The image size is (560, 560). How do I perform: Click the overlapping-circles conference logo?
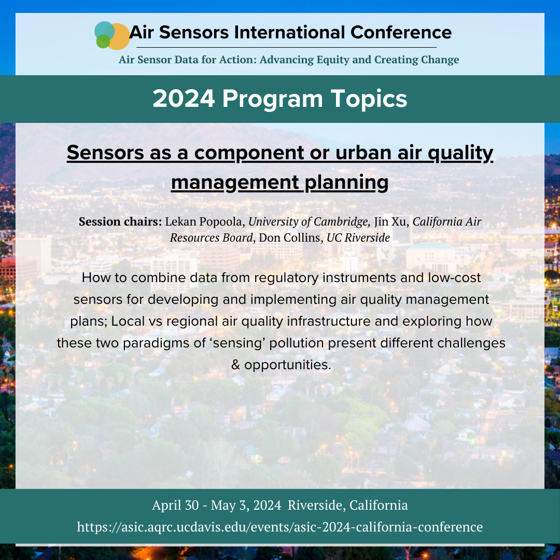point(112,35)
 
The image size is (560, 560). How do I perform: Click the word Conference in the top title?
point(401,33)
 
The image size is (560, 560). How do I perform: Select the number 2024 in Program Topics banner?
point(184,99)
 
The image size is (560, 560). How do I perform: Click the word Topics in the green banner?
point(369,99)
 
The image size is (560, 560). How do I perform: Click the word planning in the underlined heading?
point(346,183)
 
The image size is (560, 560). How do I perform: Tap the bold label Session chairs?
point(120,221)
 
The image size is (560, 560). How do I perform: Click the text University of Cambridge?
point(309,222)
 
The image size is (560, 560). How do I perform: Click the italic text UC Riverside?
point(358,238)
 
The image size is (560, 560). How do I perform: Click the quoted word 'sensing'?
point(237,343)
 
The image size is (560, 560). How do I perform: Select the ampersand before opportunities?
point(236,365)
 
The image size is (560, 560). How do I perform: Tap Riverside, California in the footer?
point(347,506)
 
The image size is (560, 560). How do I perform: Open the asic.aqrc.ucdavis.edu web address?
point(280,527)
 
